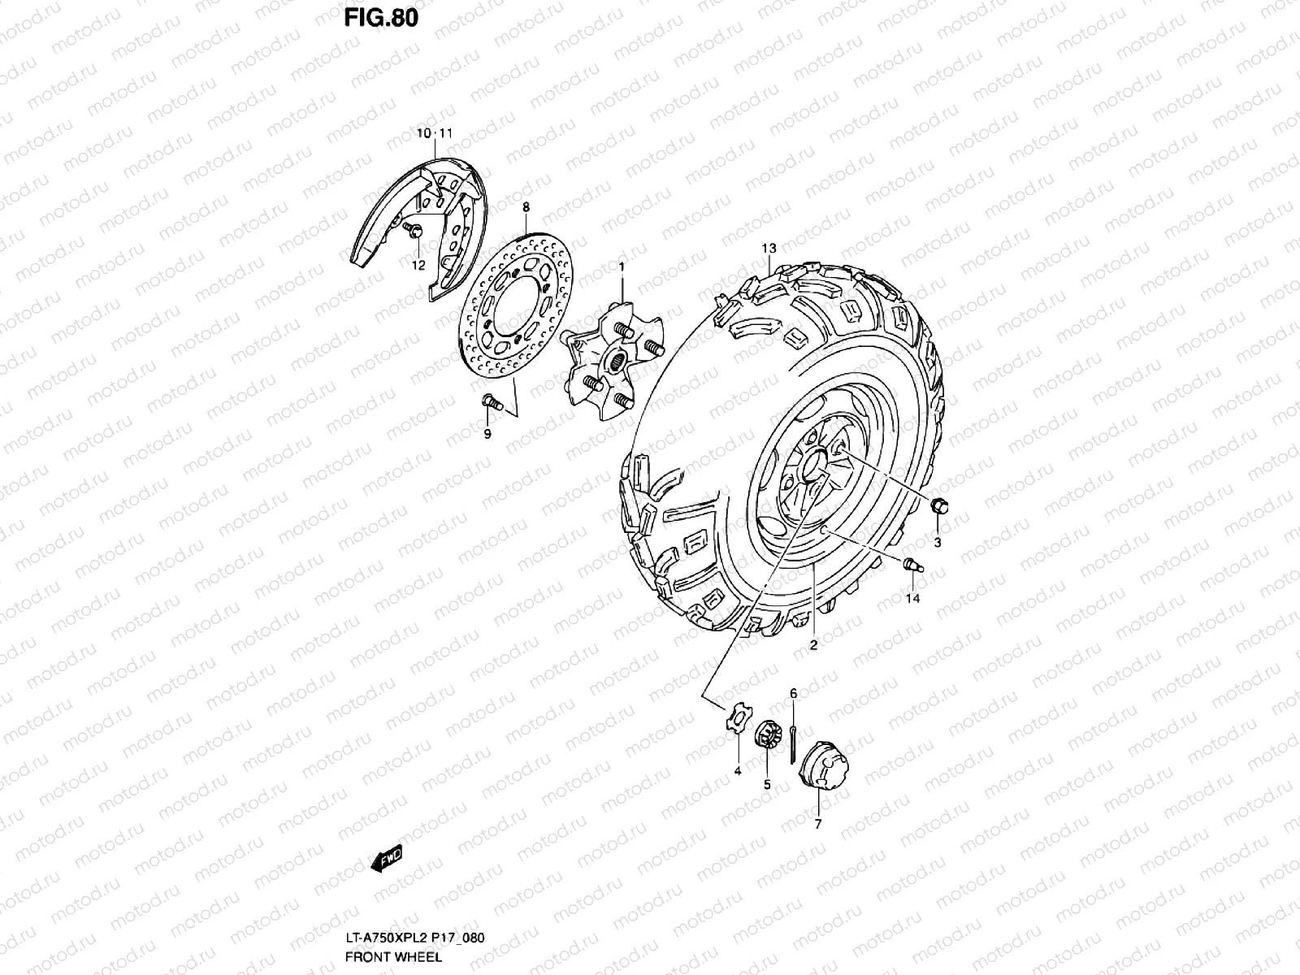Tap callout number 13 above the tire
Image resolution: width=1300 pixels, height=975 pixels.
(769, 248)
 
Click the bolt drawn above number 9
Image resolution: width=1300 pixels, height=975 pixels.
(491, 400)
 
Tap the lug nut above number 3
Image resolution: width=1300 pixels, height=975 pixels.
(938, 506)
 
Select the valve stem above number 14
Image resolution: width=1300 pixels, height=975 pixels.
(912, 564)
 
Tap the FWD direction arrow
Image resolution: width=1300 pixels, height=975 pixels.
(387, 859)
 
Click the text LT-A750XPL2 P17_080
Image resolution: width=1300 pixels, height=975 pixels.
(414, 938)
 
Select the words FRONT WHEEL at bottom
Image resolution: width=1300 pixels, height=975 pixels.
(393, 956)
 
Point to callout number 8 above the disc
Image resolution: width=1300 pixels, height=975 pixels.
(526, 207)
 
